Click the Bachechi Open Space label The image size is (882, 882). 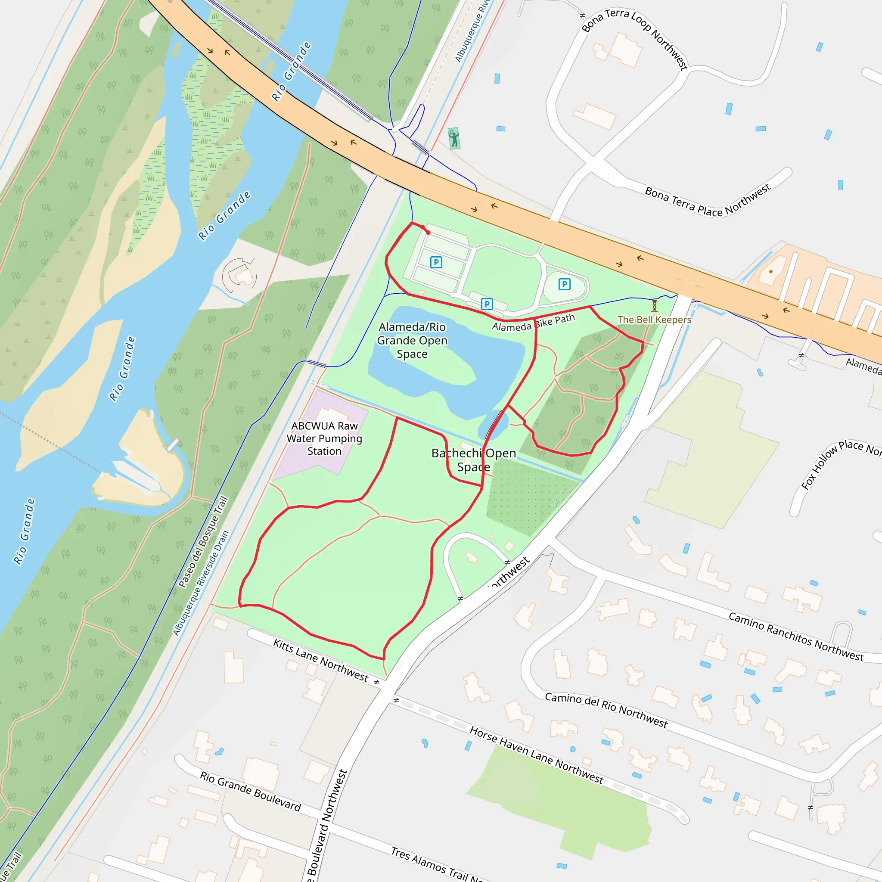pos(473,460)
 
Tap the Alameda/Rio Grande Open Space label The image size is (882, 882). pos(412,340)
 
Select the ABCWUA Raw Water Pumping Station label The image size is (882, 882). pos(324,438)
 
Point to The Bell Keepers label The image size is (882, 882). pos(654,320)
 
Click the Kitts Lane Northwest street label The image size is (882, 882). pos(320,660)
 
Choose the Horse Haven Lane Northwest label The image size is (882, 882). pos(537,755)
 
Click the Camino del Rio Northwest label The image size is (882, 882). pos(606,710)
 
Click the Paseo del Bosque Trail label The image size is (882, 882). pos(203,542)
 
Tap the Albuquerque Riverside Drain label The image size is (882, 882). pos(200,583)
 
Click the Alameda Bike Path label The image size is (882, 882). pos(533,323)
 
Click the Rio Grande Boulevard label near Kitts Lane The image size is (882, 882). pos(250,791)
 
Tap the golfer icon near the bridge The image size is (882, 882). pos(453,138)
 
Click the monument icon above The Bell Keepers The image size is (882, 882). pos(654,305)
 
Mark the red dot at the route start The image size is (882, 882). pos(428,233)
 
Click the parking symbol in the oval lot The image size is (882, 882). pos(564,284)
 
